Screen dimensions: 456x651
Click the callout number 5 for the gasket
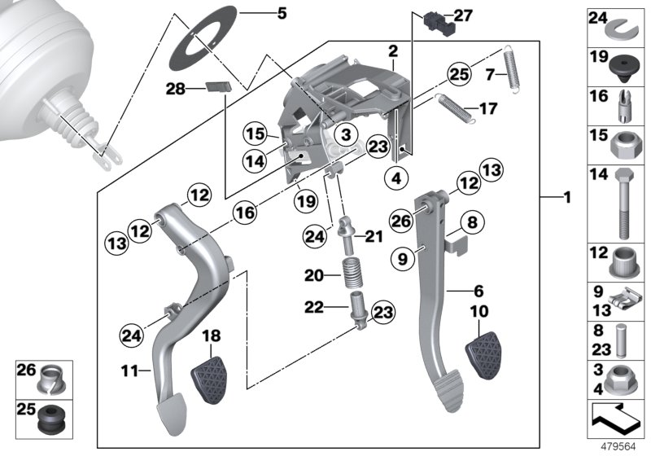point(282,13)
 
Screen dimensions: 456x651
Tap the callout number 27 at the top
point(462,15)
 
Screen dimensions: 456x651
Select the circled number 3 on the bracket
point(345,134)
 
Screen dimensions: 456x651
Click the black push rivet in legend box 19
point(621,62)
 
